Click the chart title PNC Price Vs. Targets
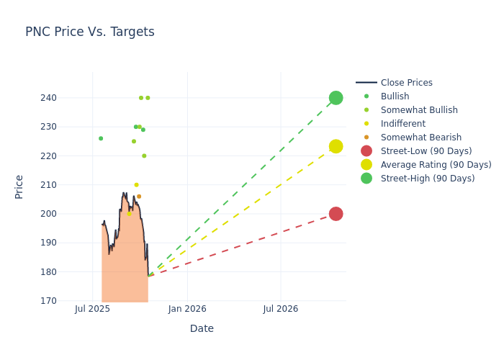point(90,32)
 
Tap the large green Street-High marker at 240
point(336,98)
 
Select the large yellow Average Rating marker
point(336,146)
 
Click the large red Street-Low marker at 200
point(336,214)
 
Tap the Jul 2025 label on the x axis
point(92,309)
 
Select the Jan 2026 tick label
point(187,309)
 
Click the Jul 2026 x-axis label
point(280,309)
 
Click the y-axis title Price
point(19,186)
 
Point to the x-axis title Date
point(202,329)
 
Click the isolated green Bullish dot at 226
point(101,138)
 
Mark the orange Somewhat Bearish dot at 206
point(139,197)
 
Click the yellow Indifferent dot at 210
point(136,185)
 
